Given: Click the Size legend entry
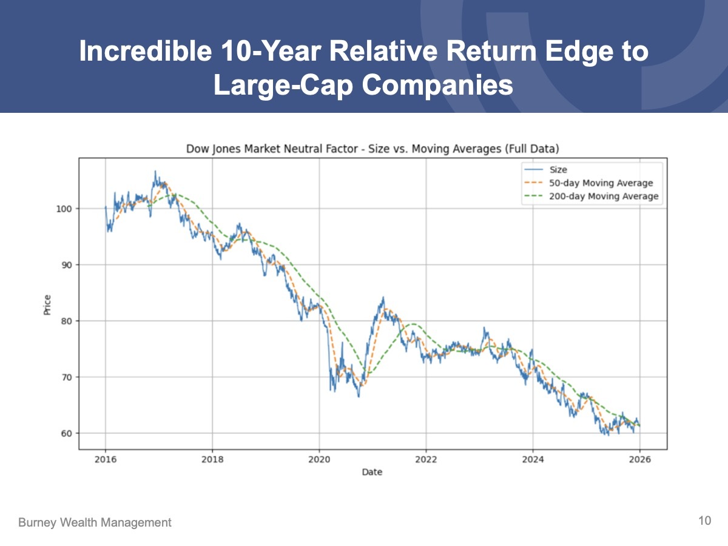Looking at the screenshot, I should [558, 170].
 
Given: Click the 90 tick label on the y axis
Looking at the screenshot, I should [67, 265].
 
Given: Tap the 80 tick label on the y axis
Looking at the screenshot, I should [67, 321].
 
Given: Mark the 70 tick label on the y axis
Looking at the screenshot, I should [67, 377].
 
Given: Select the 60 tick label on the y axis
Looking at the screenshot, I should [67, 433].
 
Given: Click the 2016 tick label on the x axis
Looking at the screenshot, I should [106, 459].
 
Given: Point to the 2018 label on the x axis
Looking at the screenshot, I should [212, 459].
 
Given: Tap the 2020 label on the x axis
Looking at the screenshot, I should [319, 459].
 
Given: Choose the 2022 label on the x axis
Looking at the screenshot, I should [426, 459].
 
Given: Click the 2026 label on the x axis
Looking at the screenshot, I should [639, 459].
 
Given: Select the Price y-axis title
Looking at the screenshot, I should [47, 305].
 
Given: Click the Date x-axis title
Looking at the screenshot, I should [371, 472].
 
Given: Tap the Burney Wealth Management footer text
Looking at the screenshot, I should [95, 522].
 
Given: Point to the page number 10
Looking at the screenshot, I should [704, 521].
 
